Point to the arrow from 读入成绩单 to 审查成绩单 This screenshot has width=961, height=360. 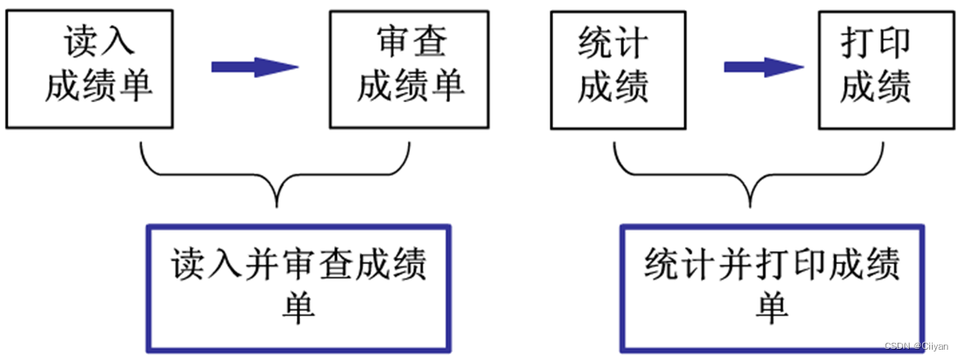tap(254, 67)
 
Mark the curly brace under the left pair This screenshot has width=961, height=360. tap(276, 177)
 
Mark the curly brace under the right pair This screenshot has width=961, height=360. tap(749, 177)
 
